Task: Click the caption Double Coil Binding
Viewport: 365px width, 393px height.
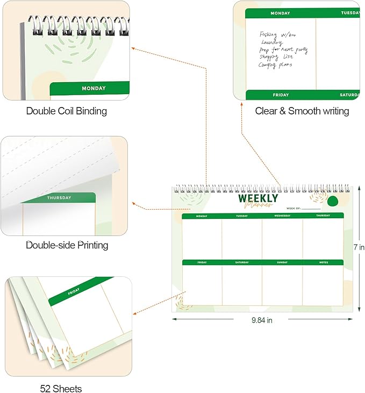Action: [67, 111]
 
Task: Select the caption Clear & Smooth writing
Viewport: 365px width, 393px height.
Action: [302, 111]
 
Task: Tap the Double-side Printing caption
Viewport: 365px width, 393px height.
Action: [67, 245]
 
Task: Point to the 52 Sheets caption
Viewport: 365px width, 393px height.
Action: [61, 388]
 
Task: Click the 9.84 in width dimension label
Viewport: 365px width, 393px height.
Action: [262, 320]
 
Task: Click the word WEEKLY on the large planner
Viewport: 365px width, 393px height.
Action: [258, 198]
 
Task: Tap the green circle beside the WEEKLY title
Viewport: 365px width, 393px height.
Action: [332, 201]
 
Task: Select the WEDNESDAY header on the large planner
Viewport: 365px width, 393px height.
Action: [282, 216]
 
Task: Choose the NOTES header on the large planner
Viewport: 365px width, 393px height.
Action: [324, 262]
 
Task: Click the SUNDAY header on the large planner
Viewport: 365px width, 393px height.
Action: [282, 262]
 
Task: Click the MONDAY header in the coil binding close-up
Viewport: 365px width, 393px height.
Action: [94, 88]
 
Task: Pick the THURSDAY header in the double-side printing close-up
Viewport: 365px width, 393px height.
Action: [59, 197]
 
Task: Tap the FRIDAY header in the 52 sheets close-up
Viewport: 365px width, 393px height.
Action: [74, 293]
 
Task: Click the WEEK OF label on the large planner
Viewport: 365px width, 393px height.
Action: [294, 208]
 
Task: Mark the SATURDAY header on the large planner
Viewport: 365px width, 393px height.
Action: [242, 262]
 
